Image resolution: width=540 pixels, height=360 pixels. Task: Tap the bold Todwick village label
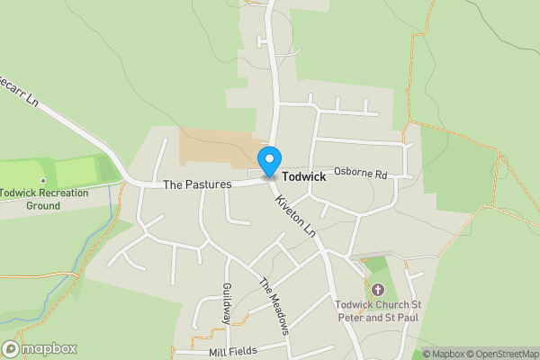[303, 177]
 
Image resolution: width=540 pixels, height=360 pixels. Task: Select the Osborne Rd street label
[360, 172]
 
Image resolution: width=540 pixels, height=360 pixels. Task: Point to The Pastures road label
[197, 184]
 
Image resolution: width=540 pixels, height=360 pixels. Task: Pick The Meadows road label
[276, 306]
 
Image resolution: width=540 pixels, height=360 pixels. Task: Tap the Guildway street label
[228, 304]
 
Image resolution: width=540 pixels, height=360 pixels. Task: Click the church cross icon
[377, 290]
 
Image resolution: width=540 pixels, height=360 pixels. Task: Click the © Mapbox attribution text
[444, 354]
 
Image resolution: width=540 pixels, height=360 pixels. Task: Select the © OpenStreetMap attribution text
[502, 354]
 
